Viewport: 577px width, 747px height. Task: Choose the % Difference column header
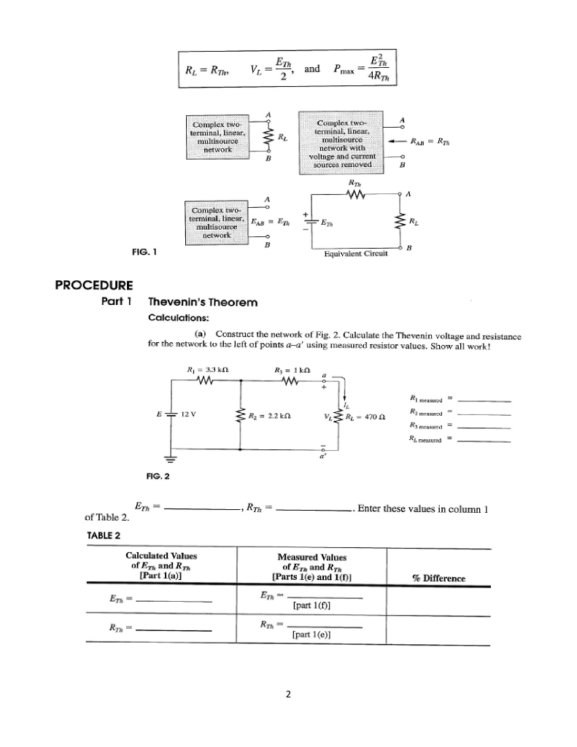click(x=439, y=578)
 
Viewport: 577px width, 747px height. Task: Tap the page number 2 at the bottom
click(x=288, y=694)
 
